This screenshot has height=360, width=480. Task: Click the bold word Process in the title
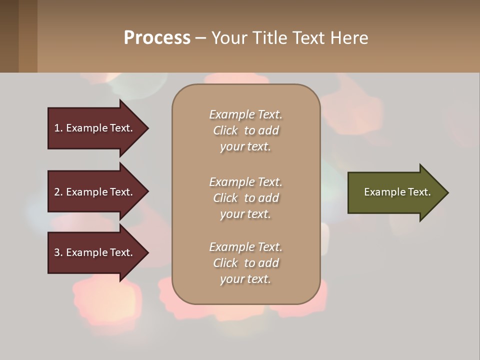(x=157, y=38)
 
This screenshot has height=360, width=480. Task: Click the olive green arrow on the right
(x=395, y=192)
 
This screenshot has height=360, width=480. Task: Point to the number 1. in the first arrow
(x=58, y=128)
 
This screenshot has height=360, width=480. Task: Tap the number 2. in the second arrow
(x=58, y=192)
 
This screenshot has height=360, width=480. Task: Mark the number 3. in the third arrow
(x=58, y=252)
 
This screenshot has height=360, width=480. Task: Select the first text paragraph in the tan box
(x=245, y=130)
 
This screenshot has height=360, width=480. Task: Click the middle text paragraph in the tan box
(x=245, y=198)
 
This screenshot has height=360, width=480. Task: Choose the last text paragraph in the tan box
(x=245, y=263)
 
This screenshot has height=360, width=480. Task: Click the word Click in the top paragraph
(x=225, y=130)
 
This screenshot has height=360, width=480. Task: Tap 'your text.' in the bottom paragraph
(x=245, y=279)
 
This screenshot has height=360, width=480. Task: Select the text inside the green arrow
(x=397, y=192)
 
